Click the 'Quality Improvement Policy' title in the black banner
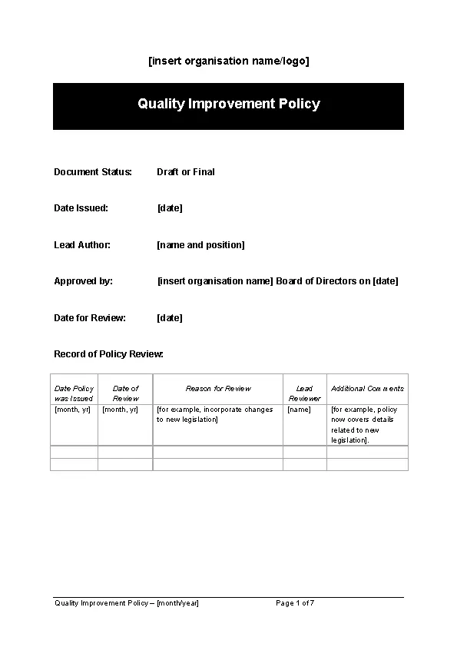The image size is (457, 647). [228, 104]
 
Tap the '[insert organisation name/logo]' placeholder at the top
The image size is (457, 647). [228, 61]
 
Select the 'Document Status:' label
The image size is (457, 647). [93, 172]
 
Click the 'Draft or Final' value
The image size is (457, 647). [186, 172]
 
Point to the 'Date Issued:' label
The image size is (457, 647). [81, 208]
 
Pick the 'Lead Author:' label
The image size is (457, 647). [82, 245]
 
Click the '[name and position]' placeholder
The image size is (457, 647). [200, 245]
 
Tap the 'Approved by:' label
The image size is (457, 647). [83, 281]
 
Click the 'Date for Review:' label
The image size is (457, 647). [90, 318]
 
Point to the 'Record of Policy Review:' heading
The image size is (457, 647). [108, 354]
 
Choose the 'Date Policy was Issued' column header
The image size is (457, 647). [74, 393]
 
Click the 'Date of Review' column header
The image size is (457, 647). [125, 393]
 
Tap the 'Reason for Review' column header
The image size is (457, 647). [218, 389]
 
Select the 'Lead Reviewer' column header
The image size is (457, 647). [304, 393]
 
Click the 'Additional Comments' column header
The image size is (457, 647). [367, 389]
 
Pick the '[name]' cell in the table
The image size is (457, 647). [299, 410]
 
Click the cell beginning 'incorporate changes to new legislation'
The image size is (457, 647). [215, 415]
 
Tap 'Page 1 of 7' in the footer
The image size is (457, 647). [295, 603]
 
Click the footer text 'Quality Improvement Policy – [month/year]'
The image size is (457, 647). [127, 603]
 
